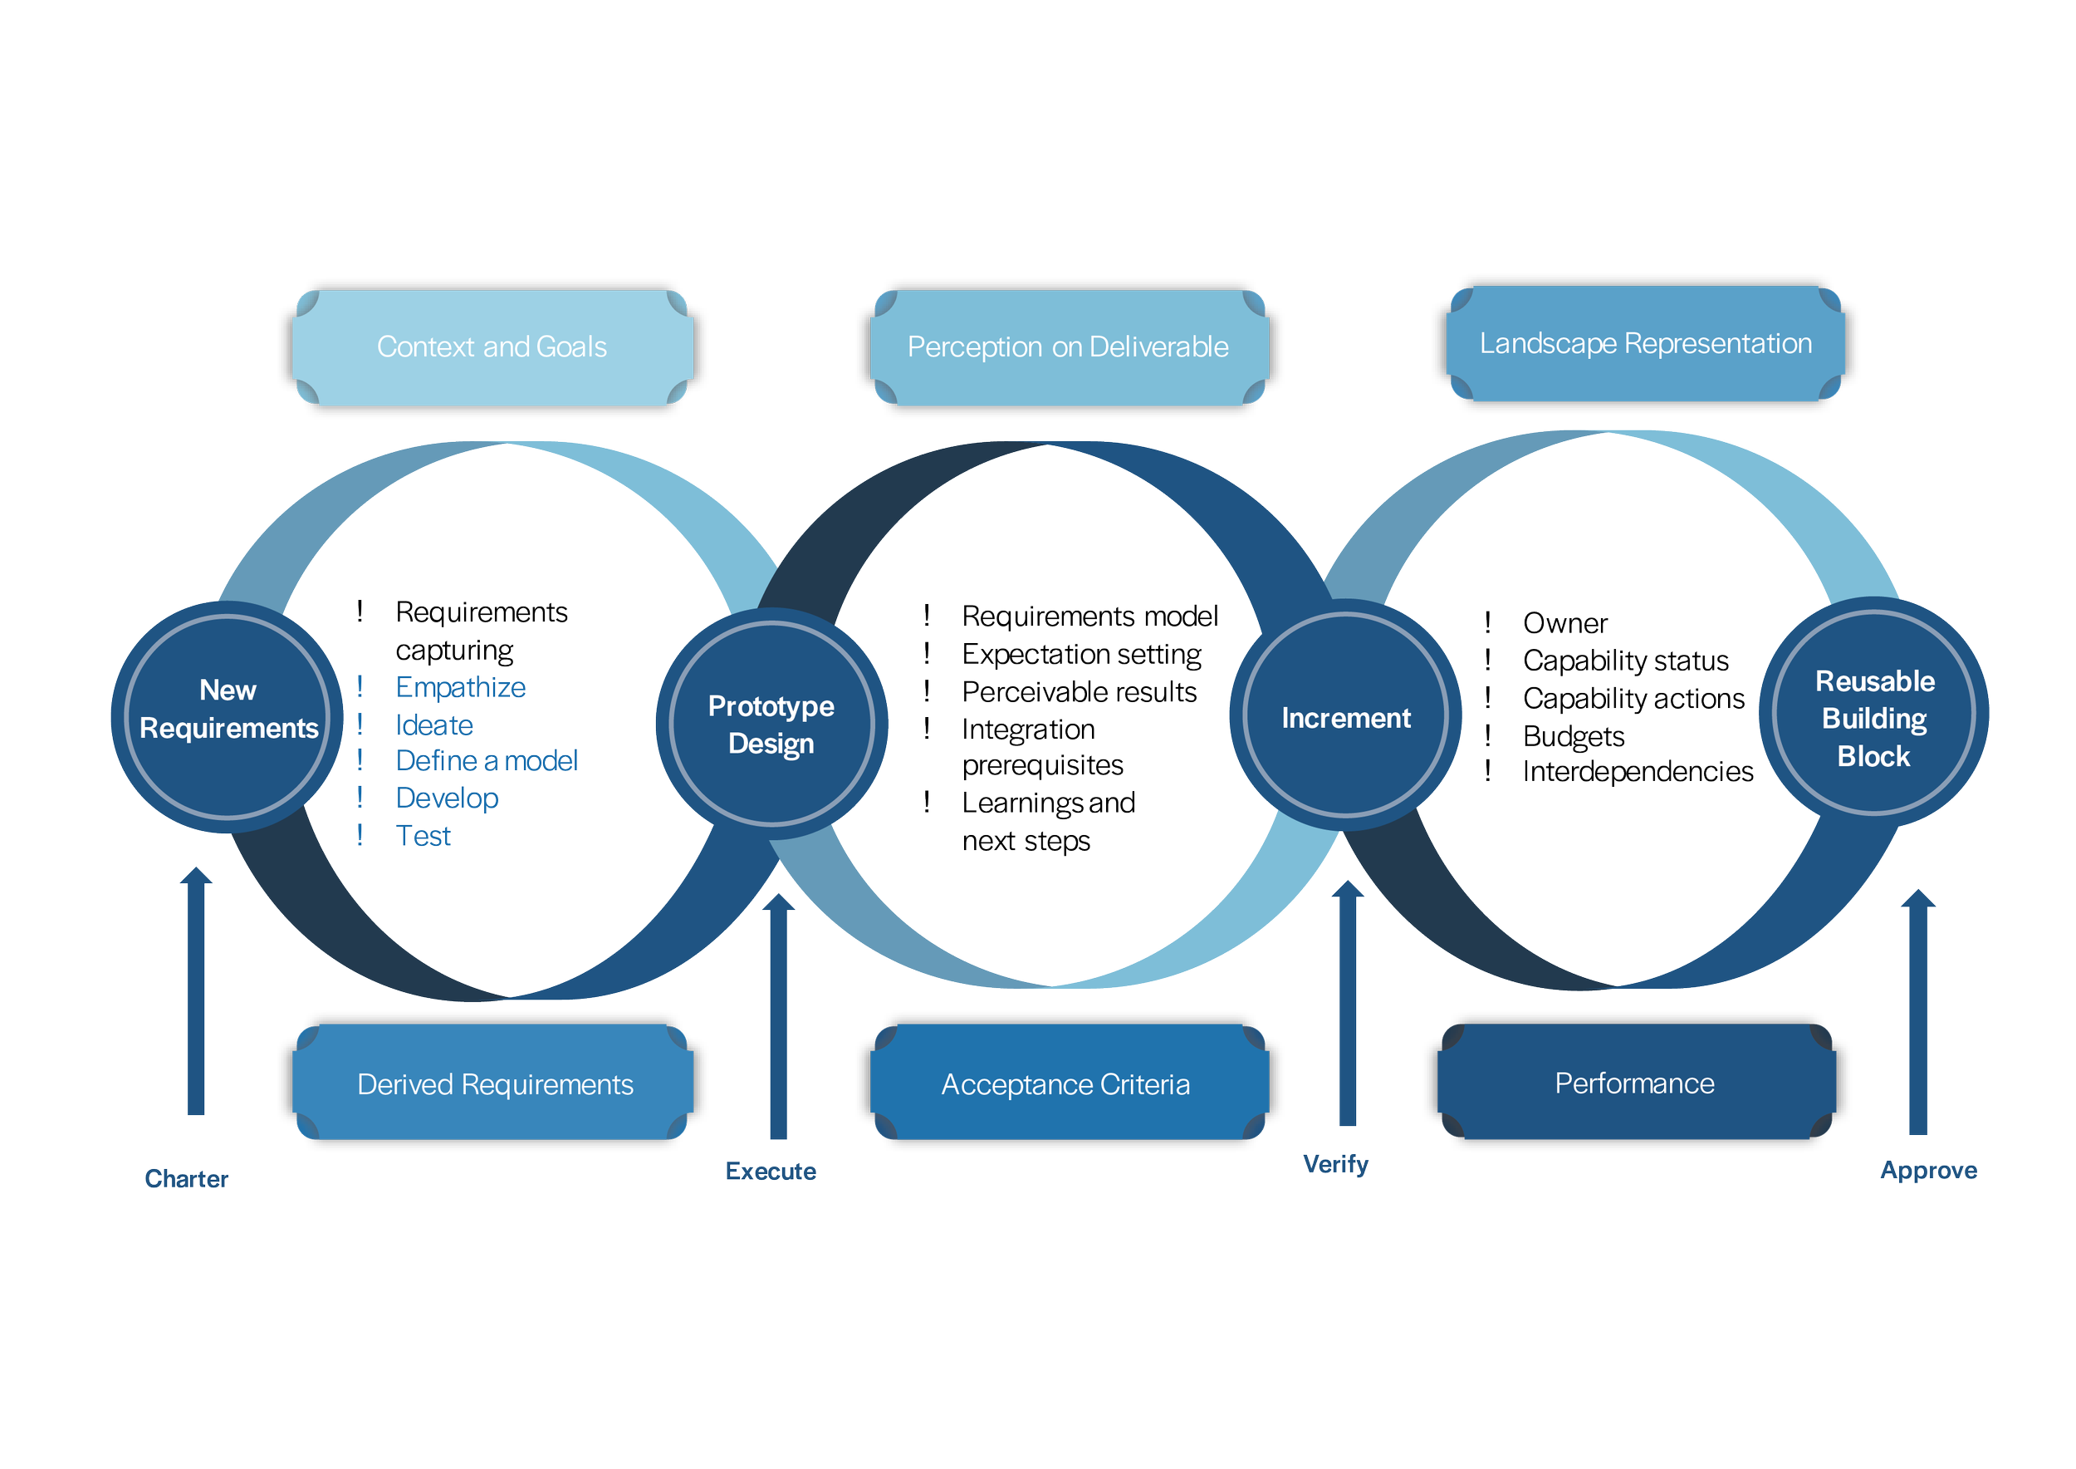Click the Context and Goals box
tap(492, 347)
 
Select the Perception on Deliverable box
tap(1068, 347)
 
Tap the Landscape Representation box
tap(1645, 344)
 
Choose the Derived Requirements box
tap(494, 1083)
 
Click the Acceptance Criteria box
tap(1066, 1083)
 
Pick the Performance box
tap(1634, 1083)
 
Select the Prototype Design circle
tap(771, 724)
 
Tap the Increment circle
tap(1345, 718)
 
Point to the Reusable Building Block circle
tap(1873, 718)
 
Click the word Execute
tap(771, 1172)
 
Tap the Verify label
tap(1334, 1164)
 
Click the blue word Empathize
tap(460, 687)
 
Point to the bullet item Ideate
tap(434, 725)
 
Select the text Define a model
tap(487, 761)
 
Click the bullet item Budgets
tap(1574, 736)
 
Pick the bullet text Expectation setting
tap(1081, 654)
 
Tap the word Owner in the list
tap(1565, 623)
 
